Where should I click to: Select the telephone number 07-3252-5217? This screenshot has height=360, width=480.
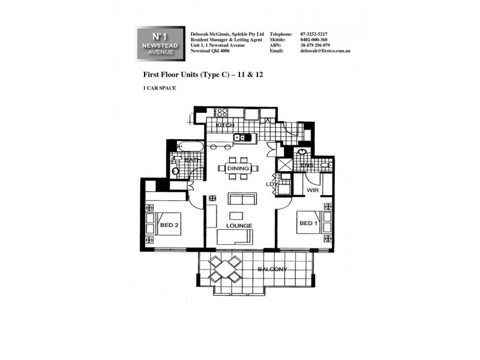314,34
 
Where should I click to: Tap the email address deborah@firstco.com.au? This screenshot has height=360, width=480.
325,51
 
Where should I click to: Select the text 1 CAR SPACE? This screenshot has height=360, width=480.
160,88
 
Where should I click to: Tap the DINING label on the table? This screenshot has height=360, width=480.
238,169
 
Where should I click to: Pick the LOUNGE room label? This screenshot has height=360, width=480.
239,226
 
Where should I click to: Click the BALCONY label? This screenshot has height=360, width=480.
272,269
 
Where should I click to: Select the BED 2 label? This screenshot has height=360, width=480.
169,226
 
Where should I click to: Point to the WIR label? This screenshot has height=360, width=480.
312,190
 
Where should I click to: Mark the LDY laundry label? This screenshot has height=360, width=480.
271,184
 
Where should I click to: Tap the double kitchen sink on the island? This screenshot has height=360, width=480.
242,138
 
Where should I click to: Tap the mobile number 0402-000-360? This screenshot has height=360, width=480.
315,40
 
